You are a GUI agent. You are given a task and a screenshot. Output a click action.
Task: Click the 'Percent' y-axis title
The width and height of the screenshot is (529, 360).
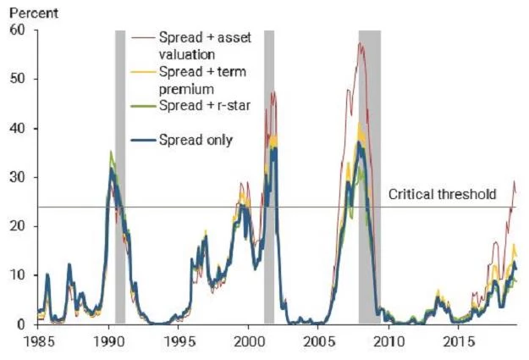coord(34,14)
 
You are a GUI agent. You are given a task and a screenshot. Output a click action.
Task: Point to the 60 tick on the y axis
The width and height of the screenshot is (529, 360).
coord(18,30)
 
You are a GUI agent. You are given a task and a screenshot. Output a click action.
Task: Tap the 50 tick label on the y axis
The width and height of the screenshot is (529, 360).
coord(18,79)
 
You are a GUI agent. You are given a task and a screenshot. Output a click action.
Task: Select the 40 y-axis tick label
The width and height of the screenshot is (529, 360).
coord(18,129)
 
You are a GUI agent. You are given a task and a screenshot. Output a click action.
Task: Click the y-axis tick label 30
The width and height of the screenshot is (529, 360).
coord(18,177)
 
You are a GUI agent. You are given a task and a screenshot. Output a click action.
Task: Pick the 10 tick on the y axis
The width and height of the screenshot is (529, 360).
coord(18,275)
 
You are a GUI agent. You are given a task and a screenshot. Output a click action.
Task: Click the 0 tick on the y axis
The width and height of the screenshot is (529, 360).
coord(22,324)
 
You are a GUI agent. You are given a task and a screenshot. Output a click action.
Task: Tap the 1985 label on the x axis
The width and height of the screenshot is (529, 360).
coord(40,341)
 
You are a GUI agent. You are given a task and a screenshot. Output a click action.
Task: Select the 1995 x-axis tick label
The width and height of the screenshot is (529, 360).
coord(180,341)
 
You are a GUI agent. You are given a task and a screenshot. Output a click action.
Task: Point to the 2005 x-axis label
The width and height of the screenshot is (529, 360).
coord(319,341)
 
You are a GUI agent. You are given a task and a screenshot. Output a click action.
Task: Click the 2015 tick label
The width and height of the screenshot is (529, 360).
coord(460,341)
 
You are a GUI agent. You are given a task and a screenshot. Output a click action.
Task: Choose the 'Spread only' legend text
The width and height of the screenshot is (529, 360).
coord(196,140)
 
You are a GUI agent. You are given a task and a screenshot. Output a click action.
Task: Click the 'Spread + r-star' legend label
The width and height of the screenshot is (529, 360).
coord(205,106)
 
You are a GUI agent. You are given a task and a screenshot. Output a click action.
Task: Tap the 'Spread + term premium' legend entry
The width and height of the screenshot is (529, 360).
coord(202,80)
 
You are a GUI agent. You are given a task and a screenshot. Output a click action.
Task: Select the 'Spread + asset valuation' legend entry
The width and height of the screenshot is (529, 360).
coord(205,46)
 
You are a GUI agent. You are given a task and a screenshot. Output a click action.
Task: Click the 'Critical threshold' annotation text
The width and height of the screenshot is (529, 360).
coord(443,195)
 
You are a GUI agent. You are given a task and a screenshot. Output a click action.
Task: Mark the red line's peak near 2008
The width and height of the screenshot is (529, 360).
coord(360,42)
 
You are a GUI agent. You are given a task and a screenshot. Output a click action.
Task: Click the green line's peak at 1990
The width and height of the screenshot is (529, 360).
coord(111,151)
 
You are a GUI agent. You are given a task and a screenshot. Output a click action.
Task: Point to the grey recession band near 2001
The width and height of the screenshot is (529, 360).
coord(269,177)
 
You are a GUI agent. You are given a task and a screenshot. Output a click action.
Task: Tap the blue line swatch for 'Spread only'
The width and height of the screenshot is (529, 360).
coord(144,140)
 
